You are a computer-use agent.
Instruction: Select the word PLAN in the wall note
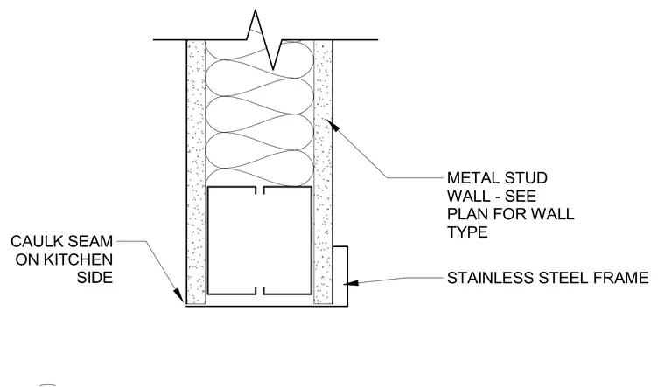(466, 214)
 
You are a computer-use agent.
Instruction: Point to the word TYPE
(467, 232)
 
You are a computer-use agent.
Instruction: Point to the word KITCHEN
(78, 259)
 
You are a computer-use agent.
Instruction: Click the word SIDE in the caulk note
(95, 277)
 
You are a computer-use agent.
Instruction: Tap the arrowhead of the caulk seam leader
(179, 295)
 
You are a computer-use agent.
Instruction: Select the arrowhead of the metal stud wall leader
(333, 125)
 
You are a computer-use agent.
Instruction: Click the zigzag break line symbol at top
(264, 40)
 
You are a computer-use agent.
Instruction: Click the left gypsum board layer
(196, 172)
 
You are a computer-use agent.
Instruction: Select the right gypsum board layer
(323, 172)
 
